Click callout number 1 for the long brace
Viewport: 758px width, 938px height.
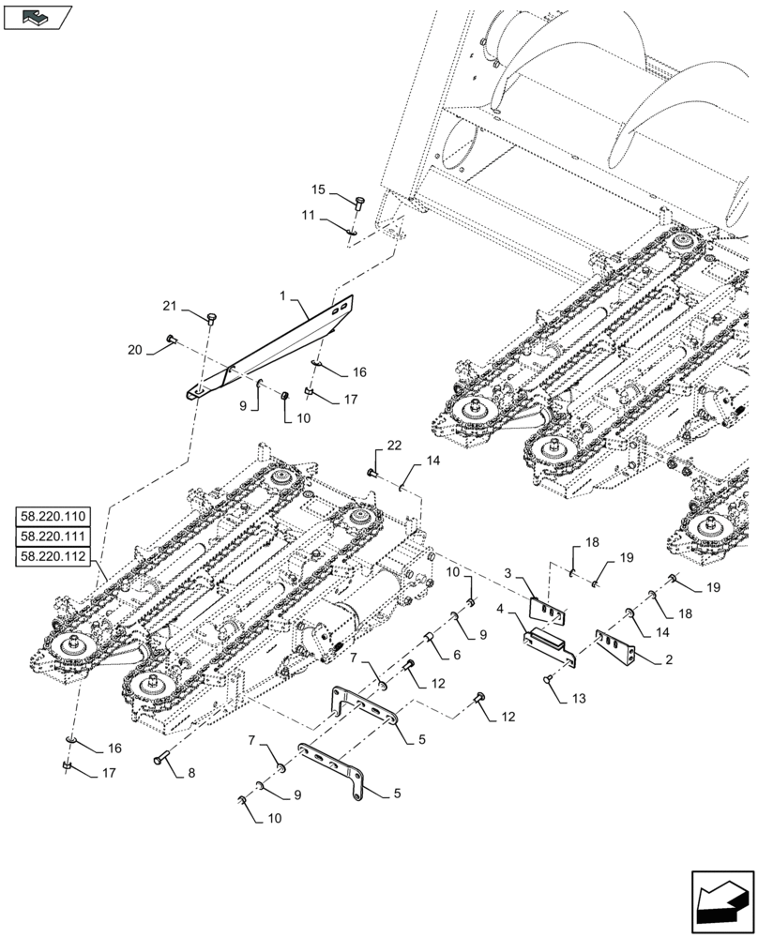tap(283, 295)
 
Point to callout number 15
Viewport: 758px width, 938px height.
tap(319, 190)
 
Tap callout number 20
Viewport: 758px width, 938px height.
tap(135, 349)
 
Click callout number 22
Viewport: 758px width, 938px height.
tap(394, 444)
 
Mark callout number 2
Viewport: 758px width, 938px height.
tap(667, 660)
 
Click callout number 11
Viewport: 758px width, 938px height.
tap(308, 216)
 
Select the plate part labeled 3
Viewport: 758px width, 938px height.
tap(549, 611)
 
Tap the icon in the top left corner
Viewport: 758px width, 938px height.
tap(38, 16)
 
